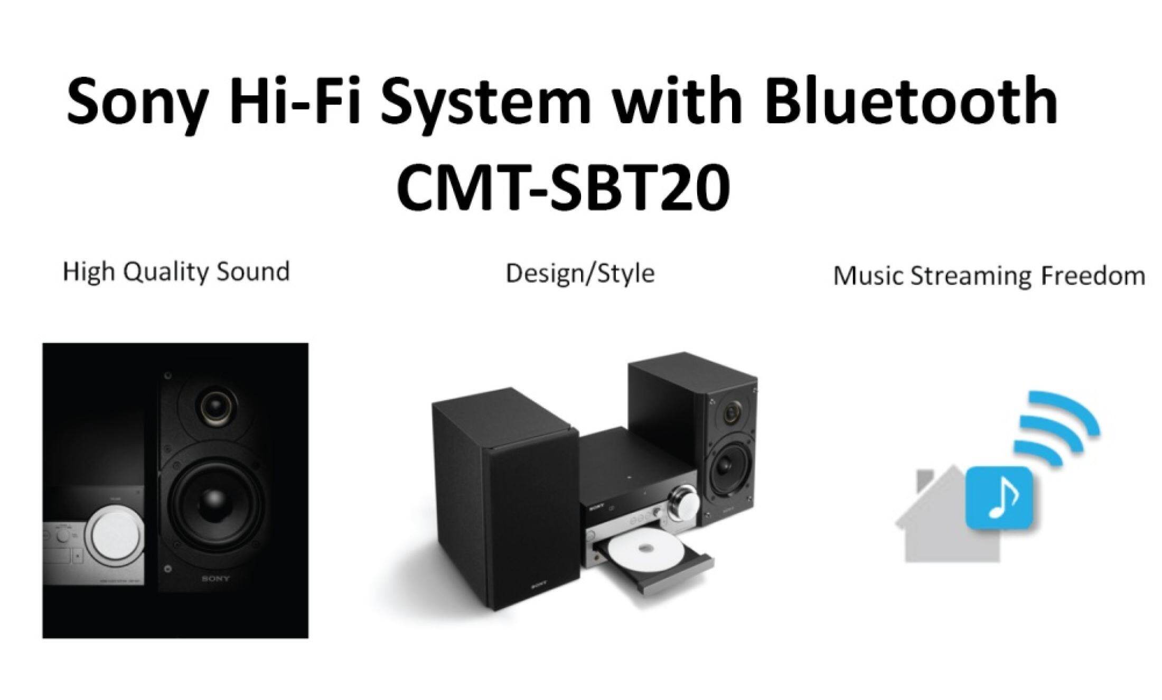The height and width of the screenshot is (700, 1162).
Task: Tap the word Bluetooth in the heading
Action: pyautogui.click(x=912, y=100)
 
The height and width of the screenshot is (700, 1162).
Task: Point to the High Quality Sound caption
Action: pyautogui.click(x=176, y=272)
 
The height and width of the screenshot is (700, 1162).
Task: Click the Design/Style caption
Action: pyautogui.click(x=580, y=274)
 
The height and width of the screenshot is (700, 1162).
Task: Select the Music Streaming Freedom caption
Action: pyautogui.click(x=989, y=276)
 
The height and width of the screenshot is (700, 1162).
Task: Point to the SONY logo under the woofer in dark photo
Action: pyautogui.click(x=215, y=578)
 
